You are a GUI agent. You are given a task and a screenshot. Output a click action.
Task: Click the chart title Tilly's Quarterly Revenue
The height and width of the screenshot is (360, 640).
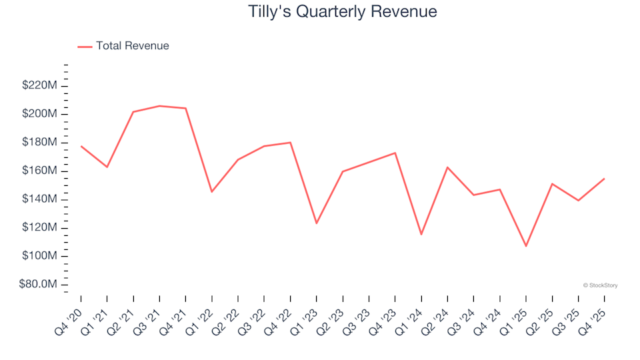tap(342, 12)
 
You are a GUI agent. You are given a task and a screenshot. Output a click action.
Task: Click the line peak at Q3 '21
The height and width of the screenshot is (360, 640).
tap(159, 106)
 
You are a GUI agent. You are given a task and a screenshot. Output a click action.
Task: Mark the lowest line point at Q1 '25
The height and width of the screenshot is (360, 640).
tap(526, 246)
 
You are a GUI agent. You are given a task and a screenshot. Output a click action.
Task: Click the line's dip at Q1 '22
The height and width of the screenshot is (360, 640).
tap(212, 192)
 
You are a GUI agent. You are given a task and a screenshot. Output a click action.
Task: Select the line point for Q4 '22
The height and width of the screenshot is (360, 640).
tap(291, 143)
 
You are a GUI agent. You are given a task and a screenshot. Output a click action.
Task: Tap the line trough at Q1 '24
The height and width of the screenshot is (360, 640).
tap(421, 234)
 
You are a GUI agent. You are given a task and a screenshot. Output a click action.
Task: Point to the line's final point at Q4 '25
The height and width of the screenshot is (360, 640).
tap(604, 179)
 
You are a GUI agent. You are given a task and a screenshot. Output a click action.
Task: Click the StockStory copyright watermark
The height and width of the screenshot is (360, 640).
tap(600, 285)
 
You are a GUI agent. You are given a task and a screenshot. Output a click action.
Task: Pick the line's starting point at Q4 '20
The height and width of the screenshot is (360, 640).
tap(81, 146)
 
